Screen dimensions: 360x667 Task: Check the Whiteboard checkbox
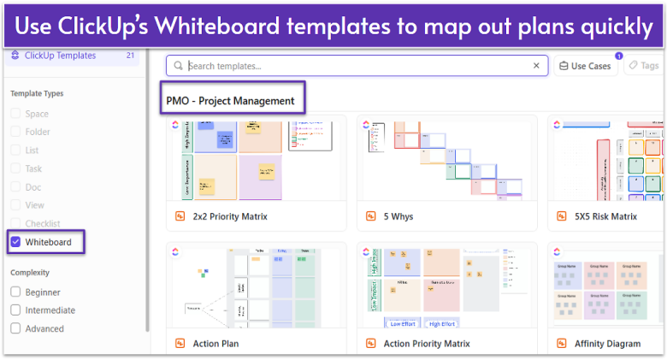point(15,243)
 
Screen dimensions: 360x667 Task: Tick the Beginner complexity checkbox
point(15,292)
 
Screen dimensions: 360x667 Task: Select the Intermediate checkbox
point(15,310)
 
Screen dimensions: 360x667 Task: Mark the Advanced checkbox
point(15,328)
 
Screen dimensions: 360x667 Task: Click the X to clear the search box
point(536,66)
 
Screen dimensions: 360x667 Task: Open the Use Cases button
point(586,66)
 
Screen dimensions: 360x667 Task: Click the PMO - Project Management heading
point(230,101)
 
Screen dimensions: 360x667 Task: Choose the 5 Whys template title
point(398,217)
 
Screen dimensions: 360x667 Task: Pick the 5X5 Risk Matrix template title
point(606,217)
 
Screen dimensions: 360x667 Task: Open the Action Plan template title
point(217,344)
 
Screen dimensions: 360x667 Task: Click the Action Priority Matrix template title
point(427,344)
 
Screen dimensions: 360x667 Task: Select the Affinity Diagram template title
point(609,344)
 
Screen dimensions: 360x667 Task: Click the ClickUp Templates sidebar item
point(60,56)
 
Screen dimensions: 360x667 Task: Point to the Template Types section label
point(37,94)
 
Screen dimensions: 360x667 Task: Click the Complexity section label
point(30,273)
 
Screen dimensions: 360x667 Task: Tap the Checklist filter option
point(44,224)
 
